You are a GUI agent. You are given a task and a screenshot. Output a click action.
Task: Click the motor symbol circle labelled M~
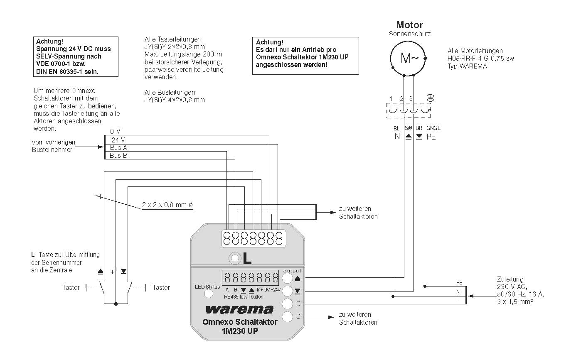pyautogui.click(x=408, y=58)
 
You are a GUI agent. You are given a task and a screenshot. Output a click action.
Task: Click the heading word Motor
pyautogui.click(x=409, y=24)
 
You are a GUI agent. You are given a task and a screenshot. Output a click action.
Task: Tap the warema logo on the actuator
pyautogui.click(x=239, y=309)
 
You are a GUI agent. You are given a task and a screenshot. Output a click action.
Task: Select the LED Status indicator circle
pyautogui.click(x=209, y=294)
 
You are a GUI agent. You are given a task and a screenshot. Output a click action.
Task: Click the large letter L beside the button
pyautogui.click(x=247, y=259)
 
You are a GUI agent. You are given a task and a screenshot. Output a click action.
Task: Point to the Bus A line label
pyautogui.click(x=118, y=148)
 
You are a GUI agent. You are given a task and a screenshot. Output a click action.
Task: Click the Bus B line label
pyautogui.click(x=118, y=156)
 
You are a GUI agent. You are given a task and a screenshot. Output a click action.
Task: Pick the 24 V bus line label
pyautogui.click(x=118, y=140)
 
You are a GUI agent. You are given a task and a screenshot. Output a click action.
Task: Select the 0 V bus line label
pyautogui.click(x=115, y=131)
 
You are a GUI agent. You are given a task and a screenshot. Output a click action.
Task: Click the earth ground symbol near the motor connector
pyautogui.click(x=431, y=98)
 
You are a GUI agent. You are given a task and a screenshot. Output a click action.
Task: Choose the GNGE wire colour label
pyautogui.click(x=433, y=129)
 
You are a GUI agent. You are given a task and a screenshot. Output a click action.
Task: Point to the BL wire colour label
pyautogui.click(x=396, y=129)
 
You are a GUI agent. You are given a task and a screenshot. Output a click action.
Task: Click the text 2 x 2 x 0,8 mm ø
pyautogui.click(x=168, y=205)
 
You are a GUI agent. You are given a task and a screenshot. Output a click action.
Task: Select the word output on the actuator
pyautogui.click(x=292, y=271)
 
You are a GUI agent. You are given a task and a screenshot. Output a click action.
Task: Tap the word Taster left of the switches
pyautogui.click(x=71, y=287)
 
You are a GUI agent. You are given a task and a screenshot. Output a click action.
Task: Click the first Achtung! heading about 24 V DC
pyautogui.click(x=50, y=42)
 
